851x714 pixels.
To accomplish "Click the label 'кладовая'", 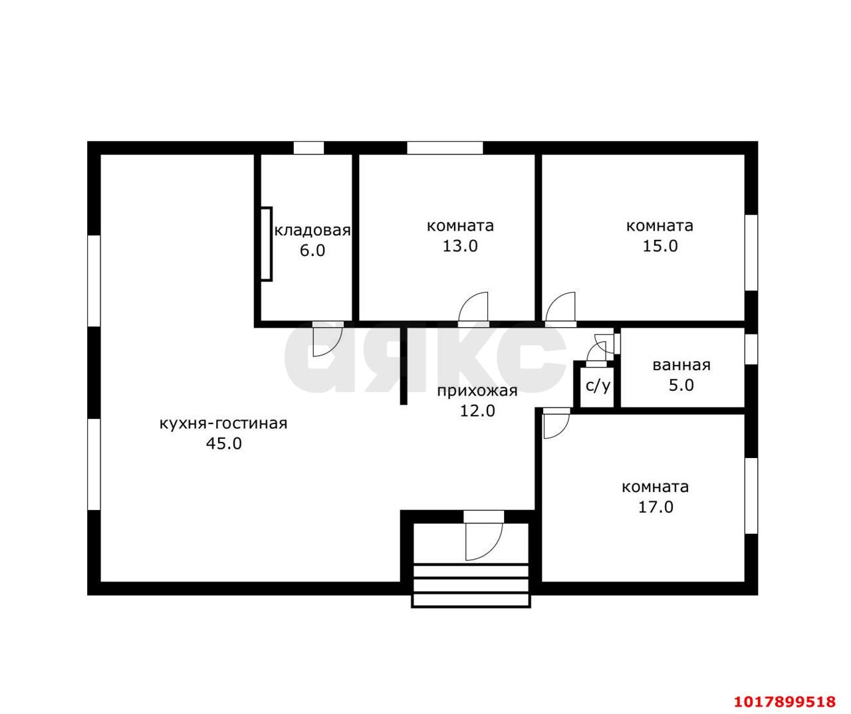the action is [312, 231].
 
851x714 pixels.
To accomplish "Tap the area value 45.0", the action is [224, 443].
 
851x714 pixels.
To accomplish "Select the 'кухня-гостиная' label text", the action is [223, 424].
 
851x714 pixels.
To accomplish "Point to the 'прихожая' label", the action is [477, 391].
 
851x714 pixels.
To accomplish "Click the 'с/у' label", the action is [598, 386].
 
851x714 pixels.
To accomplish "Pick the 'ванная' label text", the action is [681, 365].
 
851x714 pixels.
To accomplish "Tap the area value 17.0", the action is [656, 507].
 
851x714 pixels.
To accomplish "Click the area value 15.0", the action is [660, 246].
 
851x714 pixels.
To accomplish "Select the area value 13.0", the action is [460, 246].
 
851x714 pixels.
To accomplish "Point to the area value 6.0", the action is [312, 250].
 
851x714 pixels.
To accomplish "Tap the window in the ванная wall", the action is [751, 349].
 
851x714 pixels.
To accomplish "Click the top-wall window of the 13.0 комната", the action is [445, 148].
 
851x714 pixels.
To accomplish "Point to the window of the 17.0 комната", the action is [751, 495].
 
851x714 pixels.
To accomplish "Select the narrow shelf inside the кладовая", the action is [266, 244].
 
